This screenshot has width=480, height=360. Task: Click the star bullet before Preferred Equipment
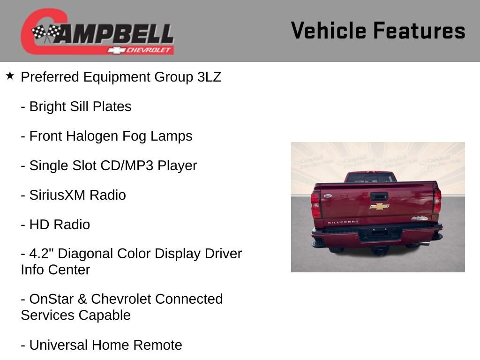pyautogui.click(x=10, y=75)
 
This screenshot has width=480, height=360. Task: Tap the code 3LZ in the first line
pyautogui.click(x=209, y=77)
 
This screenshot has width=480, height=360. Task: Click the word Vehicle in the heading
pyautogui.click(x=329, y=30)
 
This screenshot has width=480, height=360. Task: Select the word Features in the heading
pyautogui.click(x=419, y=30)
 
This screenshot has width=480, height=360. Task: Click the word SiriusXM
pyautogui.click(x=57, y=195)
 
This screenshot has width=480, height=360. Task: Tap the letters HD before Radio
pyautogui.click(x=39, y=225)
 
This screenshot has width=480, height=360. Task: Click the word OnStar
pyautogui.click(x=52, y=299)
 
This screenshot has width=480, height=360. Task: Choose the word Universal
pyautogui.click(x=59, y=345)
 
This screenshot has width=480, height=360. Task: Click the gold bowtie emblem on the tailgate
pyautogui.click(x=379, y=207)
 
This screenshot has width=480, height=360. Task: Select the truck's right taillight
pyautogui.click(x=437, y=201)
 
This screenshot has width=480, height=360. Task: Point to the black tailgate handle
pyautogui.click(x=379, y=196)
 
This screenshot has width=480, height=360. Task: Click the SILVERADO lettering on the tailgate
pyautogui.click(x=343, y=222)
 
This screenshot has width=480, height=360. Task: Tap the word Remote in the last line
pyautogui.click(x=157, y=345)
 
